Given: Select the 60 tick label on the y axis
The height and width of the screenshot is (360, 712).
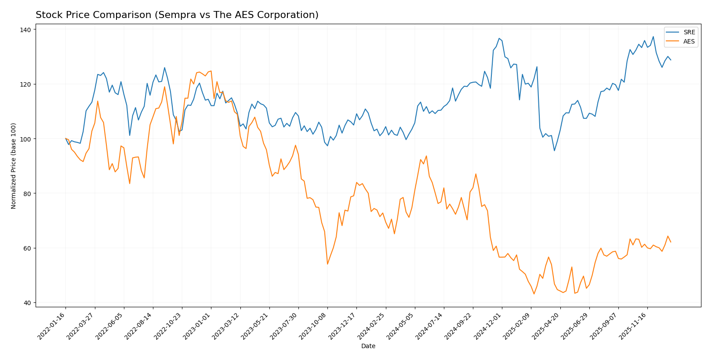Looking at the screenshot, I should point(27,248).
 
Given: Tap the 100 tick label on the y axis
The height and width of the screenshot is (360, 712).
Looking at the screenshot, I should point(25,139).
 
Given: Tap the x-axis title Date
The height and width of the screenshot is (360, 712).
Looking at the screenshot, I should point(368,346).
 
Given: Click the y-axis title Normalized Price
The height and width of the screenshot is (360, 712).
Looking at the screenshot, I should point(14,166).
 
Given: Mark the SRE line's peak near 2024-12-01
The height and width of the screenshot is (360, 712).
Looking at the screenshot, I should point(499,38).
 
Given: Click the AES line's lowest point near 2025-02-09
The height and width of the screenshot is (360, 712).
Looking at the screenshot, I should point(534,294).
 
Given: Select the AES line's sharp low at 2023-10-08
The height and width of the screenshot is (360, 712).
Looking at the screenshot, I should point(327,264).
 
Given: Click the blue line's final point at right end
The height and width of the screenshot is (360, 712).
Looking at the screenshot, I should point(671,60).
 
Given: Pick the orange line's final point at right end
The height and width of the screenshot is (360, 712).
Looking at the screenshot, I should point(671,242).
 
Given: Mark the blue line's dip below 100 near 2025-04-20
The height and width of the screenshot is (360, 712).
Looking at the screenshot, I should point(554,151).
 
